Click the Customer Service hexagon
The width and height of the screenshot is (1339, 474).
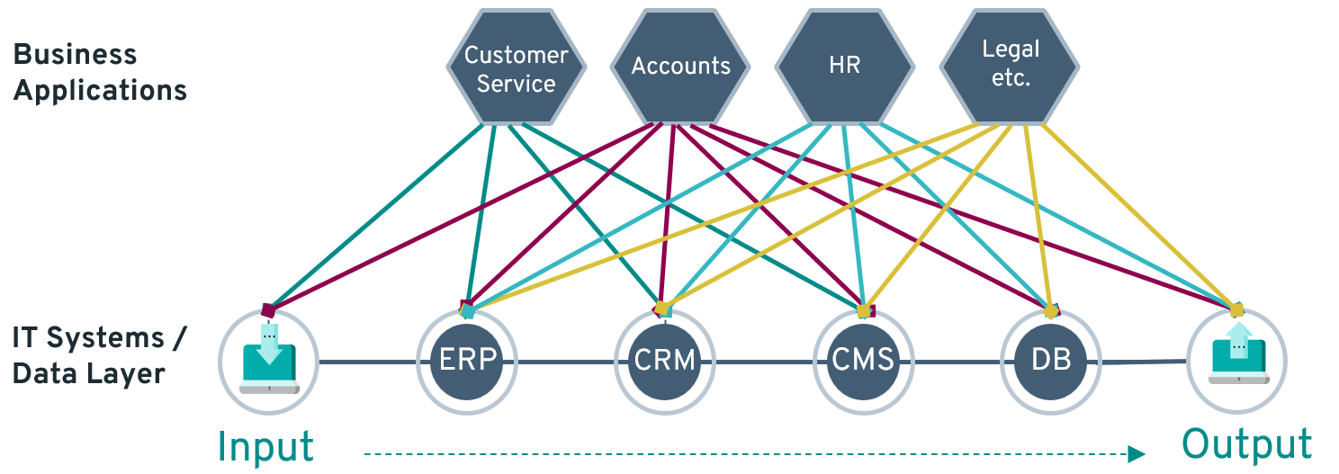(516, 67)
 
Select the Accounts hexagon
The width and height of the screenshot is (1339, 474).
(680, 67)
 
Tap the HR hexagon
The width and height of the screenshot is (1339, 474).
(845, 67)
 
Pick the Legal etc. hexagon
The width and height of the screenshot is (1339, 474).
(1010, 67)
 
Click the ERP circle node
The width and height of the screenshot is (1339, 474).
(467, 362)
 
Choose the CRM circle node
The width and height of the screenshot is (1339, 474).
(665, 362)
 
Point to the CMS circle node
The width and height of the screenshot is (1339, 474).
(863, 362)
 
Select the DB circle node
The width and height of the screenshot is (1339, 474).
(1051, 362)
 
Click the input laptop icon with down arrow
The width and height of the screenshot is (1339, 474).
(269, 359)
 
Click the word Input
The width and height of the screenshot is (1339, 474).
(265, 446)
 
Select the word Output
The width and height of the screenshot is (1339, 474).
(1247, 444)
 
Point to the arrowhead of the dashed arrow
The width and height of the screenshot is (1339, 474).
(1137, 454)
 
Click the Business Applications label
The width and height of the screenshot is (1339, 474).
(100, 72)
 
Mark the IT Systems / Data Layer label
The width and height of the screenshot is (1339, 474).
(99, 355)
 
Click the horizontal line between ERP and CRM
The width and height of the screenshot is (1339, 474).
(566, 362)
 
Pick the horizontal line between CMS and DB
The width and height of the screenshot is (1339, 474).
(957, 362)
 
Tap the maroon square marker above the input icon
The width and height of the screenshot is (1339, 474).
(268, 311)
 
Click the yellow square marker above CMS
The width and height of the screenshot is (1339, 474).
(863, 311)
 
